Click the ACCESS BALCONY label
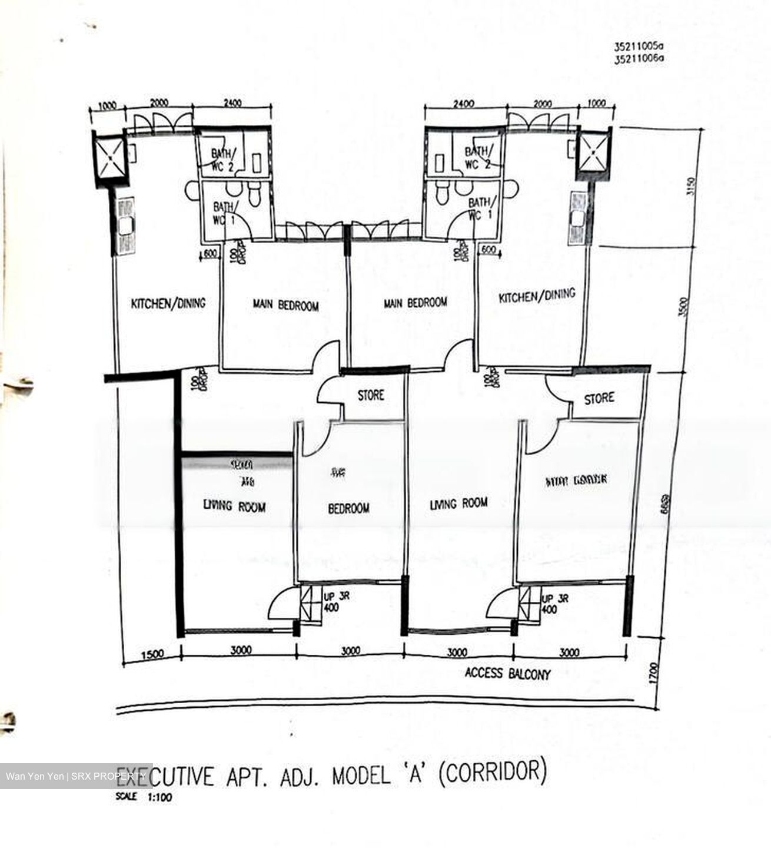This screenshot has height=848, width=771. click(507, 673)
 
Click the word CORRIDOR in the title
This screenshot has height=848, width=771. click(493, 774)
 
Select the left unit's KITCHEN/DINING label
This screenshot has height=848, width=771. click(168, 303)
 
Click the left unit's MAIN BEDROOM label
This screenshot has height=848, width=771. click(285, 305)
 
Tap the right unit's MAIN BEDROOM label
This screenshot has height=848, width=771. click(415, 303)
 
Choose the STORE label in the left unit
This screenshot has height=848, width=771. click(371, 395)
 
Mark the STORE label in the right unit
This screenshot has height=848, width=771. click(599, 399)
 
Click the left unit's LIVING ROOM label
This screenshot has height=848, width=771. click(234, 506)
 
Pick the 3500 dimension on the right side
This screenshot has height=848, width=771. click(683, 306)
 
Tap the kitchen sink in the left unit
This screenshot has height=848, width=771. click(125, 226)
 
